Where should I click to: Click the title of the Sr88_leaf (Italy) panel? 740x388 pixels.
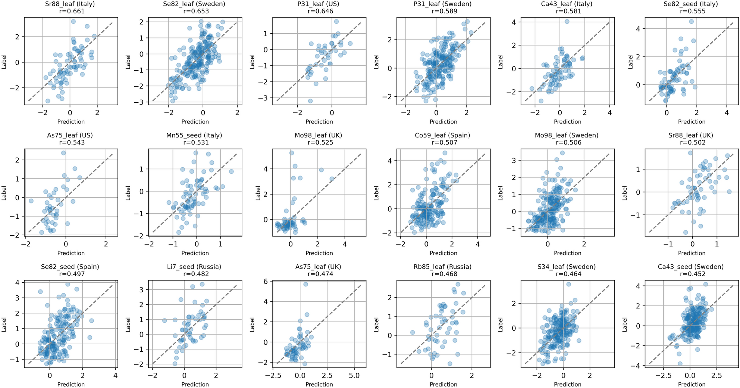(x=71, y=4)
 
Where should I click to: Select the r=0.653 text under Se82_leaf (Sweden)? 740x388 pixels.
(x=195, y=11)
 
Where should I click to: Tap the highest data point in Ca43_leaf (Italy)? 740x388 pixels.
(x=567, y=21)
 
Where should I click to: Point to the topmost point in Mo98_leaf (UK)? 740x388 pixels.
(x=292, y=153)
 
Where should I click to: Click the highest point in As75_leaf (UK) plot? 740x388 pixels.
(x=305, y=284)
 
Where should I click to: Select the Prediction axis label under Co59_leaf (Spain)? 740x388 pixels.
(x=443, y=253)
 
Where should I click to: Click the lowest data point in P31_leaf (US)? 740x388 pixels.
(x=310, y=101)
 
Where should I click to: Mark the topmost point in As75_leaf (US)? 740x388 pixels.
(x=63, y=153)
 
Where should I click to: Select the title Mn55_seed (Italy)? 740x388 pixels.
(x=195, y=136)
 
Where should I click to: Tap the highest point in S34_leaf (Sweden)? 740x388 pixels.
(x=568, y=284)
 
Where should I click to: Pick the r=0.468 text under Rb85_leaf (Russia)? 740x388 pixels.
(x=443, y=274)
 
